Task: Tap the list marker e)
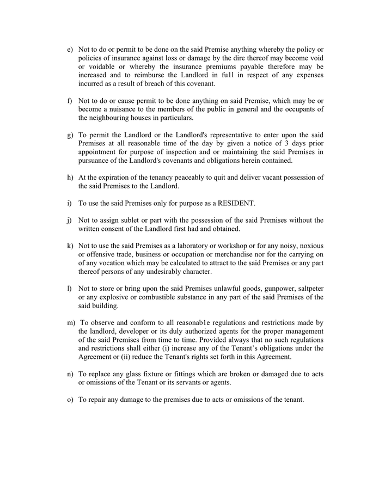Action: point(70,50)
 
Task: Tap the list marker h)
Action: point(70,177)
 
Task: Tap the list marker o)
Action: point(70,400)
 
